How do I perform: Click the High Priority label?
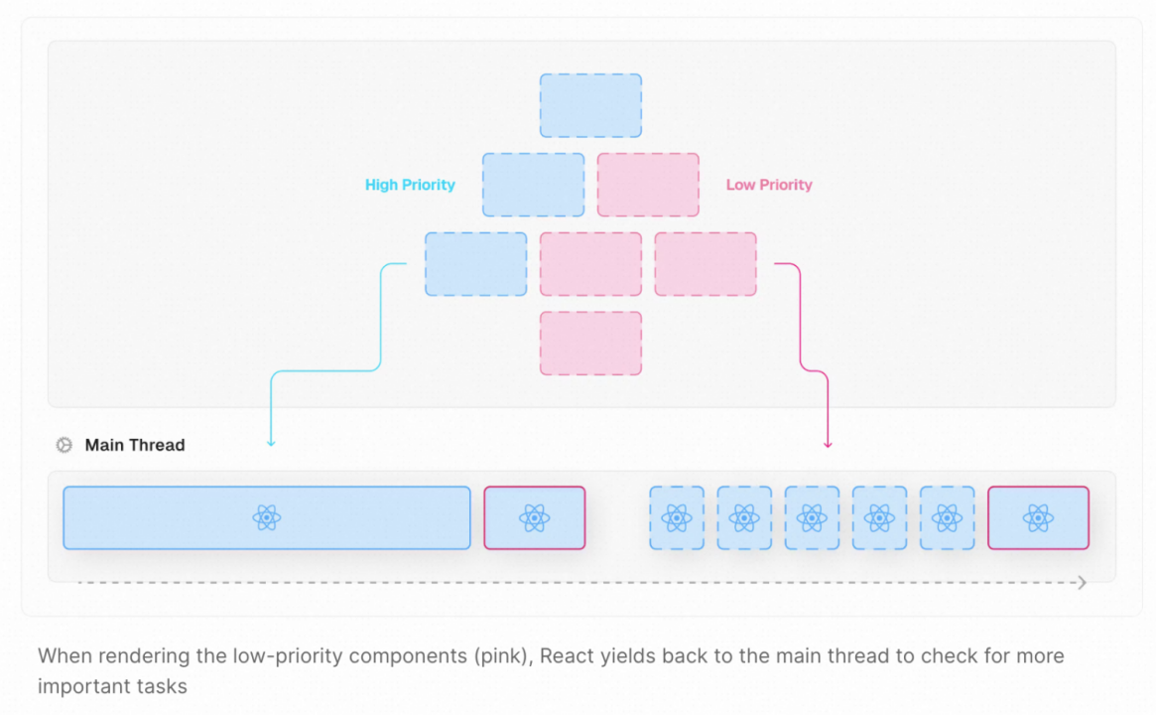click(410, 185)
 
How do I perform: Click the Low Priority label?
click(769, 185)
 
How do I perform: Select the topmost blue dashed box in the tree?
click(590, 105)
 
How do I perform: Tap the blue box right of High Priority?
click(533, 185)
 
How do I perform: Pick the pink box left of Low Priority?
click(648, 185)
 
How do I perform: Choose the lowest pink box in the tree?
click(590, 344)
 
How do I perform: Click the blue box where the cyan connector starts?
click(475, 264)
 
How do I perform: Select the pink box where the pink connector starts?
click(706, 264)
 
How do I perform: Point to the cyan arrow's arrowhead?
click(271, 443)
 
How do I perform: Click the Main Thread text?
click(135, 445)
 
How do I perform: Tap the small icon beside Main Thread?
click(64, 445)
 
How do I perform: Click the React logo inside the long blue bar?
click(266, 517)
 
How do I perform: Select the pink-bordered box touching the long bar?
click(534, 517)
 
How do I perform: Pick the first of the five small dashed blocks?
click(677, 517)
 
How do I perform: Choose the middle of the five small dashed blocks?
click(812, 517)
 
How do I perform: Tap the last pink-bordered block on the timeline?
click(1038, 517)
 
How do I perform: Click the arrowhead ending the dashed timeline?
click(1083, 583)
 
